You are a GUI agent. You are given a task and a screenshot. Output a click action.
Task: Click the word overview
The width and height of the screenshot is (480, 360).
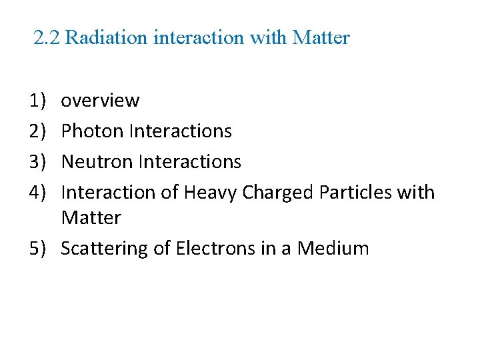(100, 101)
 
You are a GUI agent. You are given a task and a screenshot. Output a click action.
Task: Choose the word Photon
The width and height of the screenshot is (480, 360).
(92, 131)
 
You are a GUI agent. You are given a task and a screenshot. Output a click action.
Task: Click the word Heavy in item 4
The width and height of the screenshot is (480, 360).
(210, 193)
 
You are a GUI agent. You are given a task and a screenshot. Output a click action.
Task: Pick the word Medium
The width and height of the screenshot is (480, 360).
(333, 249)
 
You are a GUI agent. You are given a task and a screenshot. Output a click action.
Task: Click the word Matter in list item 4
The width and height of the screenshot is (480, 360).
(91, 218)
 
